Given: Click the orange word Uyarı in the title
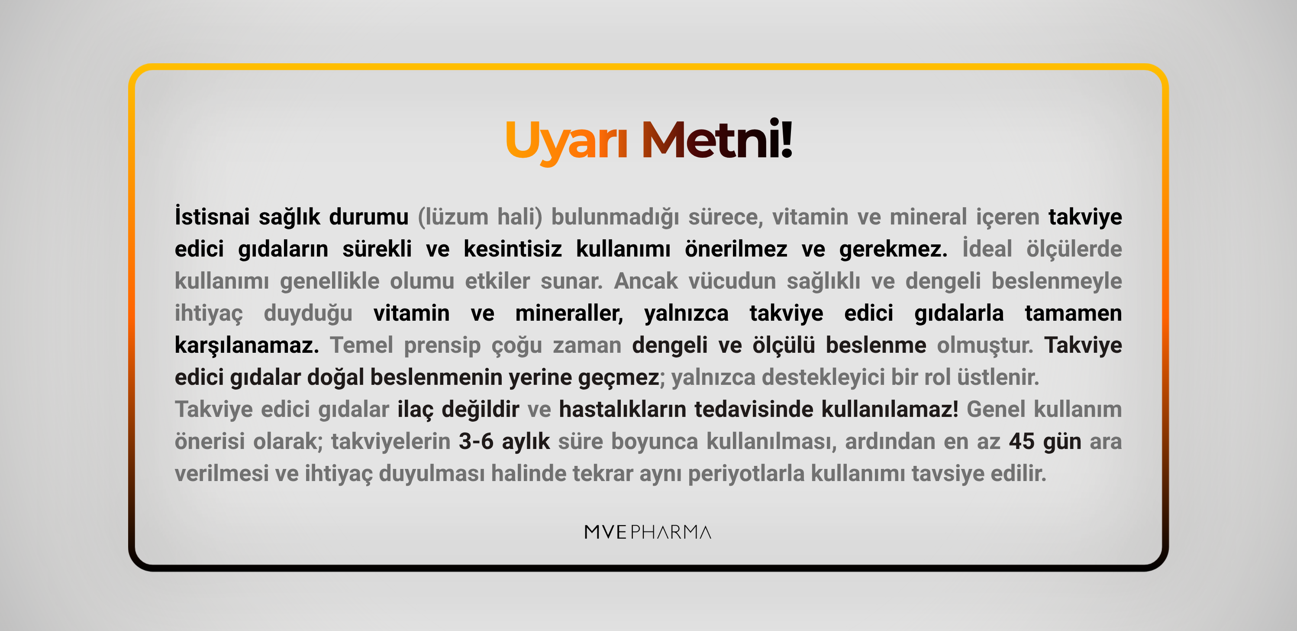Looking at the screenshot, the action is point(566,142).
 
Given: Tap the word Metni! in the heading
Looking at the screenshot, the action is point(717,139).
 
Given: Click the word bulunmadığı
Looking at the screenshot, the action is point(615,217).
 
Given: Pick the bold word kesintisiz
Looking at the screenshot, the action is point(513,249).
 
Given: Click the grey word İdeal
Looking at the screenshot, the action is point(987,248).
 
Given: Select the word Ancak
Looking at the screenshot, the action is point(645,281).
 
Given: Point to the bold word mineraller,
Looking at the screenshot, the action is point(569,313).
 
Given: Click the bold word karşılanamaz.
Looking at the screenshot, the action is point(247,346).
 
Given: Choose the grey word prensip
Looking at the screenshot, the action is point(442,346).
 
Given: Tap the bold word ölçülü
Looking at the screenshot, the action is point(784,345).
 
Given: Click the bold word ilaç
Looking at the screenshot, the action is point(416,410).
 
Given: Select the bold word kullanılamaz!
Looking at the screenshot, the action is point(890,409).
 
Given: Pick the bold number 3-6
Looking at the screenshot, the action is point(476,442).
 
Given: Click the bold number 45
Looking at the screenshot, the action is point(1022,442).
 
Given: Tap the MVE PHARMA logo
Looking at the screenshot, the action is point(648,532).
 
